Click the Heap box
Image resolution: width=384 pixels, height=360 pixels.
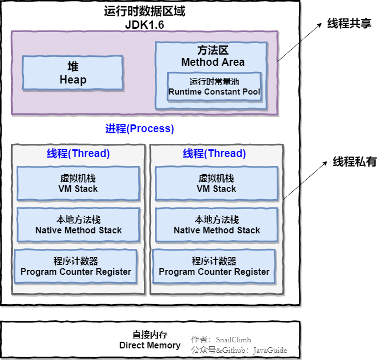tap(72, 73)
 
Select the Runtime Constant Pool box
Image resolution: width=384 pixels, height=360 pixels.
tap(214, 87)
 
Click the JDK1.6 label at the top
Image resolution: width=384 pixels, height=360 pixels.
tap(144, 25)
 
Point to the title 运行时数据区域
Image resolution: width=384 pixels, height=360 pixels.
tap(144, 11)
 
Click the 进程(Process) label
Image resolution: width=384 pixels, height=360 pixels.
tap(139, 129)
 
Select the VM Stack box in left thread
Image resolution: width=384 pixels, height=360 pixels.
tap(78, 184)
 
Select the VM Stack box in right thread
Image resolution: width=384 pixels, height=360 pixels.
tap(216, 184)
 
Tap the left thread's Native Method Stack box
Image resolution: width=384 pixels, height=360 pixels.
tap(78, 225)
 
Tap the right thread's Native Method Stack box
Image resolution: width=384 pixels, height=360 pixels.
tap(216, 225)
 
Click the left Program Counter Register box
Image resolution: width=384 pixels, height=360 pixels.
tap(76, 267)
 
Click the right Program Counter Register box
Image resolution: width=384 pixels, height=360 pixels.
tap(214, 267)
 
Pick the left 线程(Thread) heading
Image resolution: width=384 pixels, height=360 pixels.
tap(78, 153)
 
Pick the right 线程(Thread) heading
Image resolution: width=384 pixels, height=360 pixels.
tap(215, 153)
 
